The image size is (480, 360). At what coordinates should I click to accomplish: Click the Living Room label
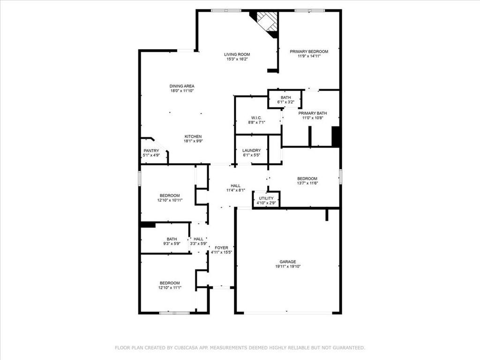coord(237,54)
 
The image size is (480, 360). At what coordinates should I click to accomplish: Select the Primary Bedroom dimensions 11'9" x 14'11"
coord(309,56)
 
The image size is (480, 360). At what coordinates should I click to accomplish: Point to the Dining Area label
coord(182,86)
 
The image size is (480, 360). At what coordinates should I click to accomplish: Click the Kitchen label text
coord(193,136)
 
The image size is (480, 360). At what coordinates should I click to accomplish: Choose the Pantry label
coord(151,150)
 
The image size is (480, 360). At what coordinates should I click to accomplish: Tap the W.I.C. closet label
coord(256,118)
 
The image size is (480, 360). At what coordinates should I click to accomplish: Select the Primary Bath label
coord(313,113)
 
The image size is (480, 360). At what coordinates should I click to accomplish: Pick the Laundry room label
coord(252,150)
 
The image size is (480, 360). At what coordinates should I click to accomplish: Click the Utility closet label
coord(266,198)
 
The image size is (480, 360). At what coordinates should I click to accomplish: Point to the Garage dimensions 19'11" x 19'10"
coord(288,267)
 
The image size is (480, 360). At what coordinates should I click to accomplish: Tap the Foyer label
coord(221,248)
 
